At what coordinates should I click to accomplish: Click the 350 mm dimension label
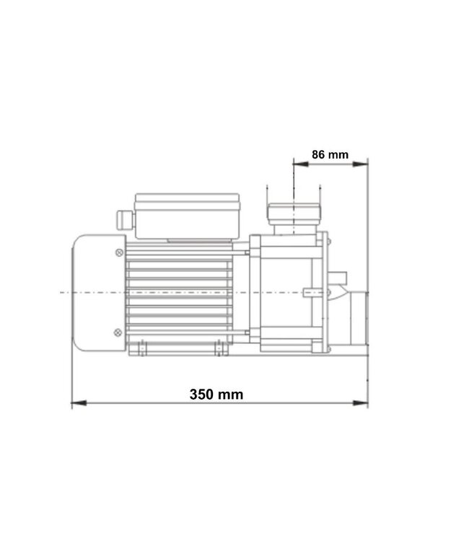pyautogui.click(x=216, y=395)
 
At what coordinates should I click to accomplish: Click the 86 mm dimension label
pyautogui.click(x=330, y=154)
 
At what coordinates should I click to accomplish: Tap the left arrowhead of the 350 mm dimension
pyautogui.click(x=77, y=403)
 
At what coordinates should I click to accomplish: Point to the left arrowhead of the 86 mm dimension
pyautogui.click(x=298, y=164)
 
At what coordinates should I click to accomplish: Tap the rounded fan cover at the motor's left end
pyautogui.click(x=97, y=292)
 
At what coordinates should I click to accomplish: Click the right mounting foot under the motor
pyautogui.click(x=219, y=349)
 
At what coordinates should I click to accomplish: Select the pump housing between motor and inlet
pyautogui.click(x=289, y=292)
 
